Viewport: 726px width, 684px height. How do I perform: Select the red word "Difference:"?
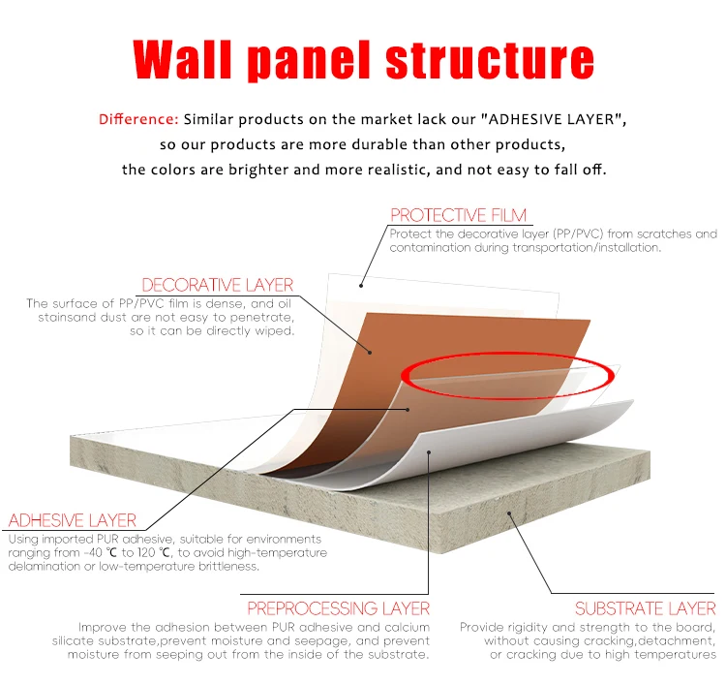pyautogui.click(x=137, y=119)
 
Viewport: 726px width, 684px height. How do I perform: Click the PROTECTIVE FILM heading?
pyautogui.click(x=458, y=215)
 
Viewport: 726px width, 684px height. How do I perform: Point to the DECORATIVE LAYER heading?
pyautogui.click(x=218, y=285)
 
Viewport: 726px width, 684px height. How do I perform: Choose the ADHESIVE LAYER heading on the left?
pyautogui.click(x=73, y=520)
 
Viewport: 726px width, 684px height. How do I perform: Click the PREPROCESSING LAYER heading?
pyautogui.click(x=338, y=608)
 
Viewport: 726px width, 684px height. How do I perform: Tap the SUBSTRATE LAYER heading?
pyautogui.click(x=646, y=608)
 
